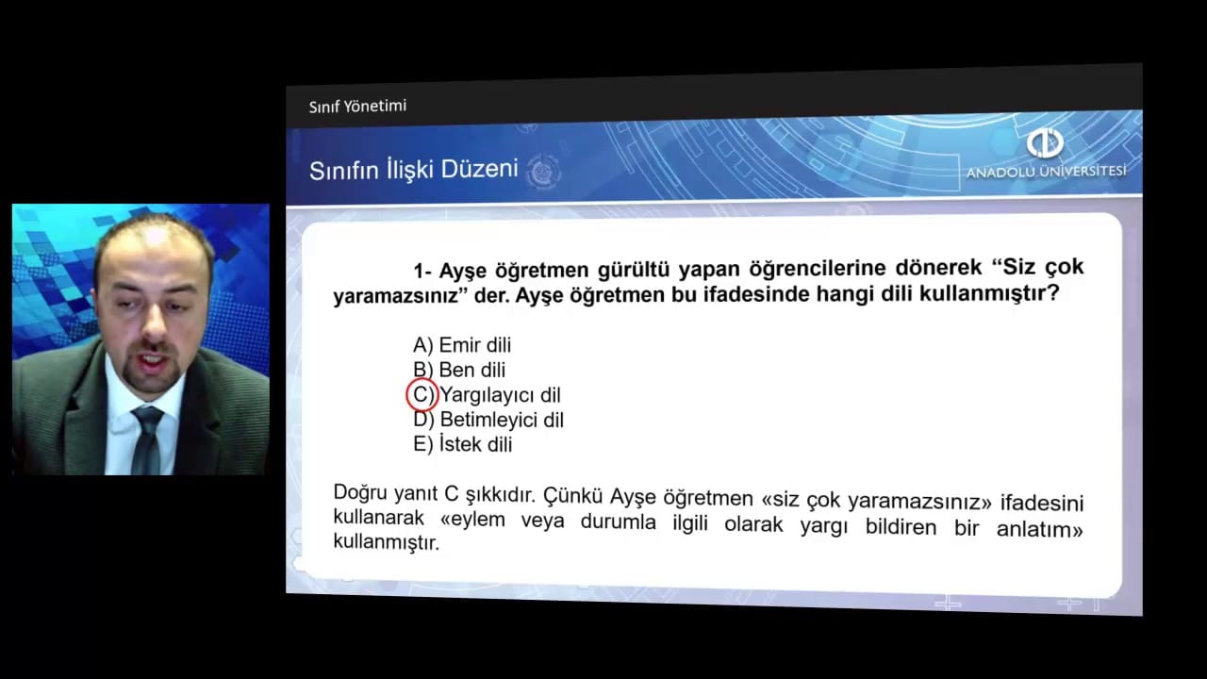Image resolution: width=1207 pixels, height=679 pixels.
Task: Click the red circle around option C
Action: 406,395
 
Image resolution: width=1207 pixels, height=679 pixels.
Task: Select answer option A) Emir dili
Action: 462,345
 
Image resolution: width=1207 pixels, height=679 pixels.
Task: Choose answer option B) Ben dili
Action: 459,371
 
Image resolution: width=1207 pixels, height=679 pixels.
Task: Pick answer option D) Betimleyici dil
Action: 488,420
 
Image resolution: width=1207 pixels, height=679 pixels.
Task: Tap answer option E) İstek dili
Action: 462,444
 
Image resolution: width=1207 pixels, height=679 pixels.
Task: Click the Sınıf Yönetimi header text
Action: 357,107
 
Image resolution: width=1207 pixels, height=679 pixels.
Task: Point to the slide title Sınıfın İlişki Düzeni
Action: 413,170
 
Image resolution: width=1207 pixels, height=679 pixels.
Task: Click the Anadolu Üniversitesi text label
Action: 1046,172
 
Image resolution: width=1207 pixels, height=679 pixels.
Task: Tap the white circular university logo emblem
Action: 1045,143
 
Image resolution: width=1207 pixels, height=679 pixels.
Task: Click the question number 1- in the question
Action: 422,271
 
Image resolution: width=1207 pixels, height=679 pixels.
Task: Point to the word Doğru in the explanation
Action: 360,492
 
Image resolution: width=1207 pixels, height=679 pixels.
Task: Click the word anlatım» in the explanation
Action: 1039,529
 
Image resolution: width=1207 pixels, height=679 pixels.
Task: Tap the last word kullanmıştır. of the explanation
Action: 387,541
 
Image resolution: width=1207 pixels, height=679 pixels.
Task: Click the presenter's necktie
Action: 146,439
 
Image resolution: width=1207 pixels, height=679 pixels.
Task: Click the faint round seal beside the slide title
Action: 543,172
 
